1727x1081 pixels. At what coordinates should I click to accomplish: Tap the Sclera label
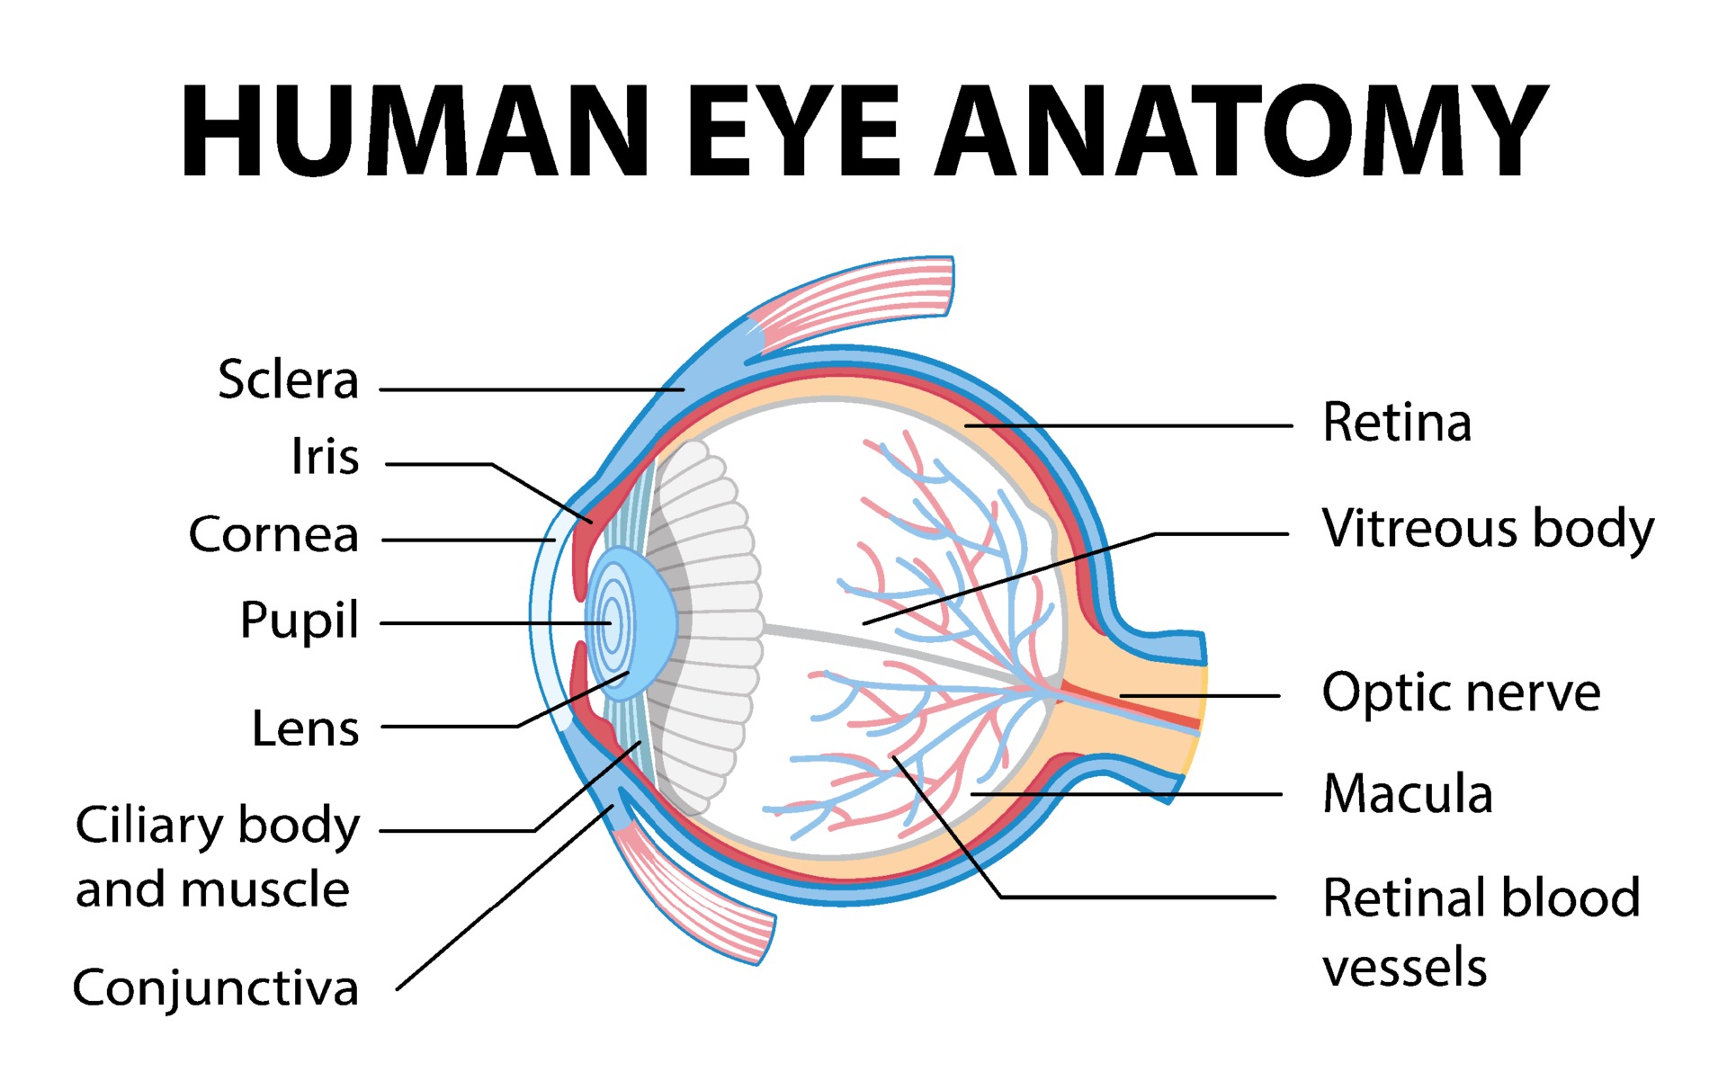click(x=288, y=380)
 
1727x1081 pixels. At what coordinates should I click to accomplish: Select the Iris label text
click(x=325, y=456)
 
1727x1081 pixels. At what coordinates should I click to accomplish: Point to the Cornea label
click(x=273, y=535)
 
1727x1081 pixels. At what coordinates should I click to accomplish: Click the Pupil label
click(x=299, y=621)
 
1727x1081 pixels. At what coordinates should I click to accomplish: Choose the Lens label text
click(x=305, y=728)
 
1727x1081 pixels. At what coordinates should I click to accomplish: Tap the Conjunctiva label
click(x=216, y=987)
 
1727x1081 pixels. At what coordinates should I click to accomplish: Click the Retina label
click(x=1396, y=423)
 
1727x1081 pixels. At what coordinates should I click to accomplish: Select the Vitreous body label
click(x=1487, y=529)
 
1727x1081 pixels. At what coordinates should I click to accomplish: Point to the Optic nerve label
click(x=1461, y=693)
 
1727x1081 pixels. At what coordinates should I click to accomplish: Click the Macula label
click(x=1408, y=794)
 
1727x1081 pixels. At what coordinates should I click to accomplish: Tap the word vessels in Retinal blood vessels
click(x=1404, y=968)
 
